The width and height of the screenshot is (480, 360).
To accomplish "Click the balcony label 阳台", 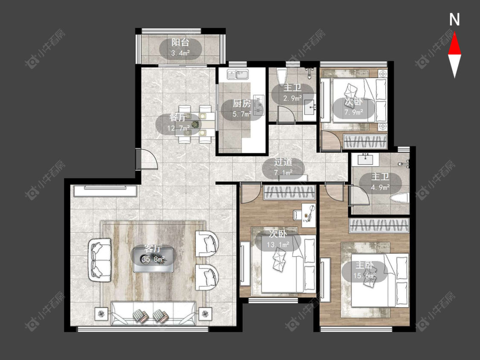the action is [x=180, y=42].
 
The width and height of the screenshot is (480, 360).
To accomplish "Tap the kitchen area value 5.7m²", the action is [x=242, y=114].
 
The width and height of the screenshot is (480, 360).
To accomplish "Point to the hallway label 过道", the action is [x=283, y=162].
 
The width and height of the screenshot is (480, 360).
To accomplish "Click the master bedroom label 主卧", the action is [x=364, y=265].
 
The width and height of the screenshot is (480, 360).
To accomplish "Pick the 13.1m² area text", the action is [x=278, y=244].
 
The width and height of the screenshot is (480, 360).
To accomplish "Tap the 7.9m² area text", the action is [x=354, y=112].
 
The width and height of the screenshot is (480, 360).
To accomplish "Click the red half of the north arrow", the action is [x=454, y=44].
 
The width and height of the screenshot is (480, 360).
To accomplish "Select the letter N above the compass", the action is [x=454, y=20].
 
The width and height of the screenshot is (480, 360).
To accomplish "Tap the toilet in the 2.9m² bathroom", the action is [x=281, y=75].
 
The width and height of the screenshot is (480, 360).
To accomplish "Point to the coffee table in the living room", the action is [x=153, y=260].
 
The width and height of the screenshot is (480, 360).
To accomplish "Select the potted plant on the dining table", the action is [x=195, y=124].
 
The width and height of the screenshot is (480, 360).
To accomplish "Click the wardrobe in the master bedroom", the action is [x=380, y=226].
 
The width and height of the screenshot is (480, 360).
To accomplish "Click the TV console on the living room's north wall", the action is [x=105, y=191].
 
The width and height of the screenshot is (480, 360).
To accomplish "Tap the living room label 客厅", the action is [x=153, y=248].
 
